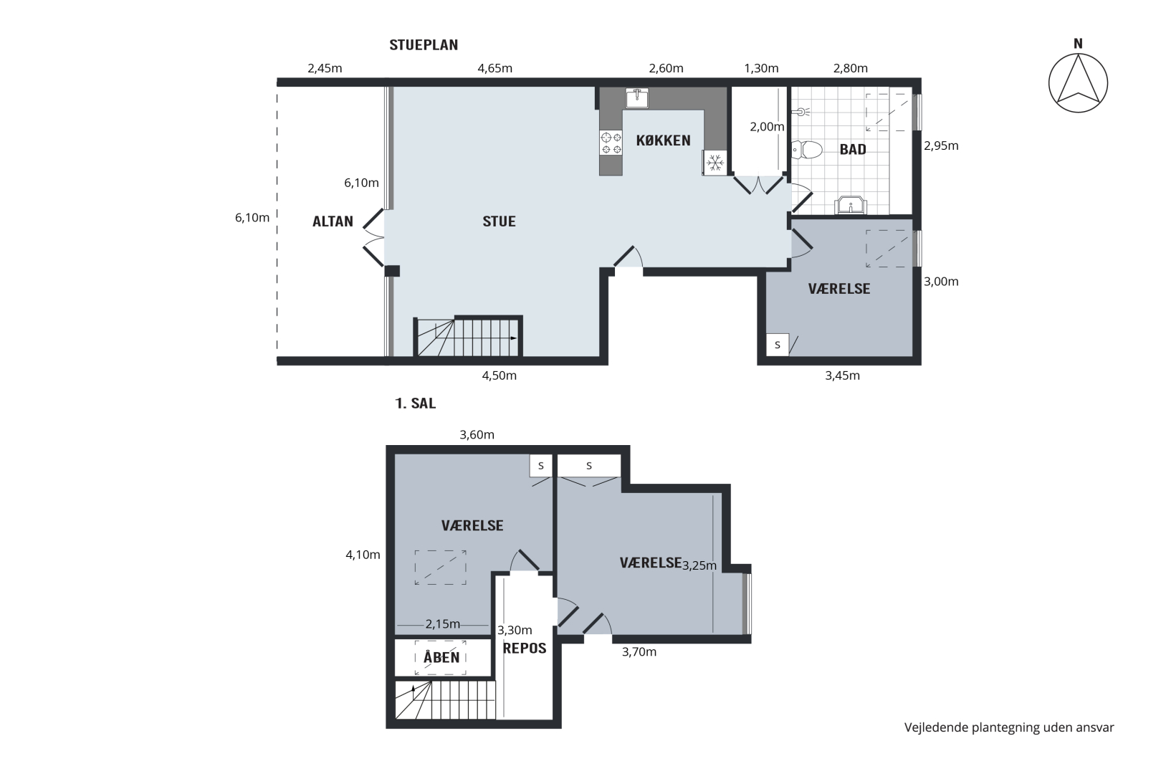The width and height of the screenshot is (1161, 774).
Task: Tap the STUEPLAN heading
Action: tap(424, 45)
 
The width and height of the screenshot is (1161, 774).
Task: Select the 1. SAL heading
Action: tap(415, 403)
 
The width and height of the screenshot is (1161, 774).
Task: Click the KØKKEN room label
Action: tap(663, 140)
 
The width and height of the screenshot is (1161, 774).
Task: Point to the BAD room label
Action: tap(853, 150)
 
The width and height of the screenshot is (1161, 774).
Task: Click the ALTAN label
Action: tap(333, 221)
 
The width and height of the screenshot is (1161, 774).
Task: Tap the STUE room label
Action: tap(499, 221)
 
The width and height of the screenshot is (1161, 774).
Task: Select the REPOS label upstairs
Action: tap(525, 648)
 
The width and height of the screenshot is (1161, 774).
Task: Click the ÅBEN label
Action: tap(441, 657)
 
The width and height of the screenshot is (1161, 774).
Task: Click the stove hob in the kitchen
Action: tap(611, 143)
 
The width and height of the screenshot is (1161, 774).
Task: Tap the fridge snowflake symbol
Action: tap(715, 163)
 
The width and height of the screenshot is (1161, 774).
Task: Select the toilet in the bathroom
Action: tap(807, 150)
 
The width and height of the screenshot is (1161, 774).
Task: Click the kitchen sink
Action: tap(637, 97)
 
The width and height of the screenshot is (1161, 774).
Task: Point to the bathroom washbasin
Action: tap(851, 205)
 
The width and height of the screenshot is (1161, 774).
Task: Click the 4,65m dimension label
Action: tap(495, 68)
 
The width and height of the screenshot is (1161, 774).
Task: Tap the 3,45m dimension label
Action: tap(842, 376)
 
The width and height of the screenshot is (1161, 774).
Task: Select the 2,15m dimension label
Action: tap(443, 624)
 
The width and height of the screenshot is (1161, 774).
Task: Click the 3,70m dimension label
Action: tap(639, 652)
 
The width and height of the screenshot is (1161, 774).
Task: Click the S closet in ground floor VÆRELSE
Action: tap(778, 345)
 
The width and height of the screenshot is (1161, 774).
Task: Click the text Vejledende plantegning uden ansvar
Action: tap(1009, 728)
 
